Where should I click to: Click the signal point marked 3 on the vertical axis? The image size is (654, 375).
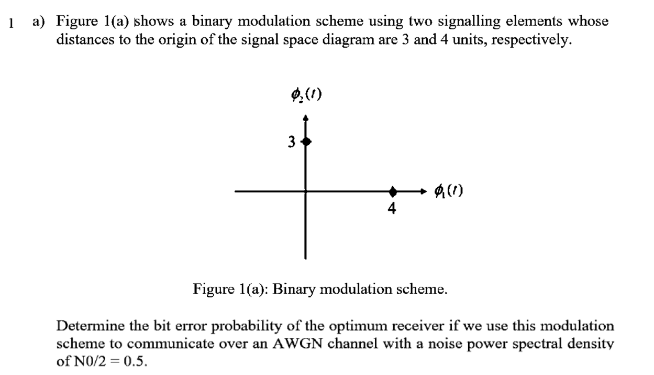307,142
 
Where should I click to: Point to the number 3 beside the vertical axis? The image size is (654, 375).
292,142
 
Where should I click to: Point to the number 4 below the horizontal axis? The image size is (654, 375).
391,208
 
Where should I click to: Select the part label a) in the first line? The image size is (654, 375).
39,22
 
